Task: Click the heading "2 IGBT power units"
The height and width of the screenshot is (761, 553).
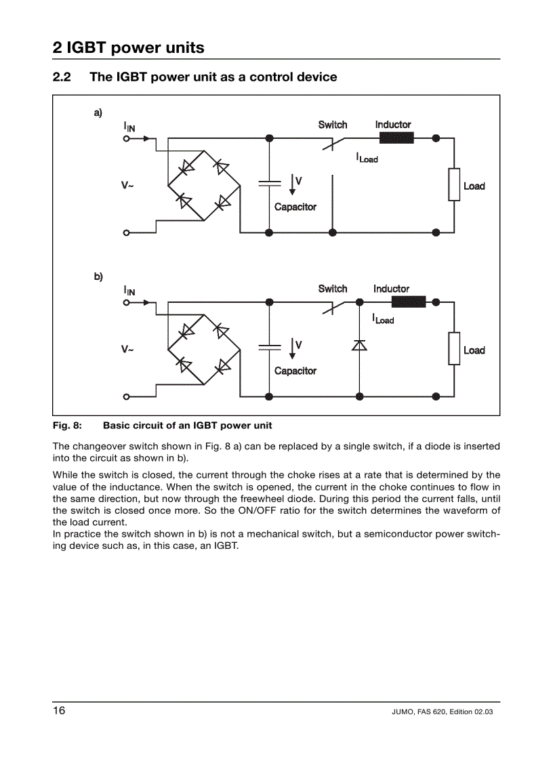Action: [x=128, y=47]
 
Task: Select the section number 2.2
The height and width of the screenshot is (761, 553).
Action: [x=62, y=77]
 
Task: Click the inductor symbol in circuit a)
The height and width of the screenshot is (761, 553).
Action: [x=396, y=138]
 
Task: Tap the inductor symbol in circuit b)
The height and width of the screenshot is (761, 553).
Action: [x=408, y=302]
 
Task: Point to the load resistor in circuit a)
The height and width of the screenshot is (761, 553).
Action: [x=454, y=184]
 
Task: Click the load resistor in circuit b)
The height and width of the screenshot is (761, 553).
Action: [x=454, y=348]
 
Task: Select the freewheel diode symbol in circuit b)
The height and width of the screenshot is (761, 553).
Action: [x=359, y=346]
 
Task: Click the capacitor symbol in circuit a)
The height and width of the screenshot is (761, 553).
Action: [x=270, y=183]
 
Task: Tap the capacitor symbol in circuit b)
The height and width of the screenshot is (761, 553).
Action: [x=270, y=347]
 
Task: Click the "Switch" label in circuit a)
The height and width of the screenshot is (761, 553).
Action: [x=333, y=125]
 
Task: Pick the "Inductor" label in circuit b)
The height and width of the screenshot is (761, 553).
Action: [x=391, y=289]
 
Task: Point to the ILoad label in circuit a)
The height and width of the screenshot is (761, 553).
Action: [x=367, y=157]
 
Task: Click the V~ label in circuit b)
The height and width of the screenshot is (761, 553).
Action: [x=127, y=350]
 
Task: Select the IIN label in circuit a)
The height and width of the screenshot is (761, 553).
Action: [x=129, y=127]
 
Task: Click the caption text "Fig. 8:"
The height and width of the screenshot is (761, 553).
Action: [x=67, y=426]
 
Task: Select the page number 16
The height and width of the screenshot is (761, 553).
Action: [x=60, y=711]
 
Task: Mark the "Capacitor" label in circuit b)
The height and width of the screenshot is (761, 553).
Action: [x=295, y=371]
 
